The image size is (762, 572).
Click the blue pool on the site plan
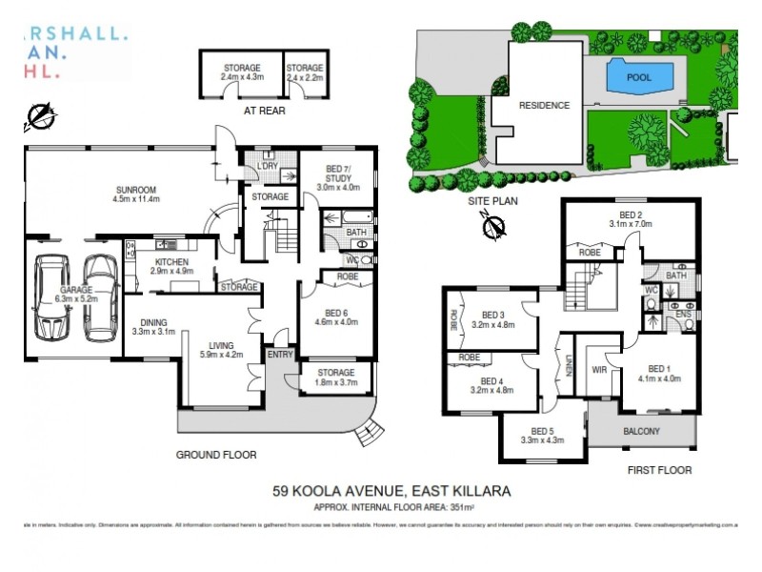[639, 75]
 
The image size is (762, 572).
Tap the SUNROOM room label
[135, 189]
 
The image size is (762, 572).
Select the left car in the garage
[51, 296]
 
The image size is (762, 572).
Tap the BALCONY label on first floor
[641, 431]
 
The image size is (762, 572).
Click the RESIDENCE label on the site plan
[544, 106]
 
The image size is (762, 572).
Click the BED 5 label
[541, 430]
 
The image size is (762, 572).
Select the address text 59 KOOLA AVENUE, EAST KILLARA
[391, 491]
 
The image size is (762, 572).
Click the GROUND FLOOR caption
[216, 455]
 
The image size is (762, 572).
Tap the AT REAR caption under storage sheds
[264, 111]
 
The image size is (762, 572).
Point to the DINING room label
[148, 322]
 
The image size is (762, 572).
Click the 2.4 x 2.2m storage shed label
[305, 72]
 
